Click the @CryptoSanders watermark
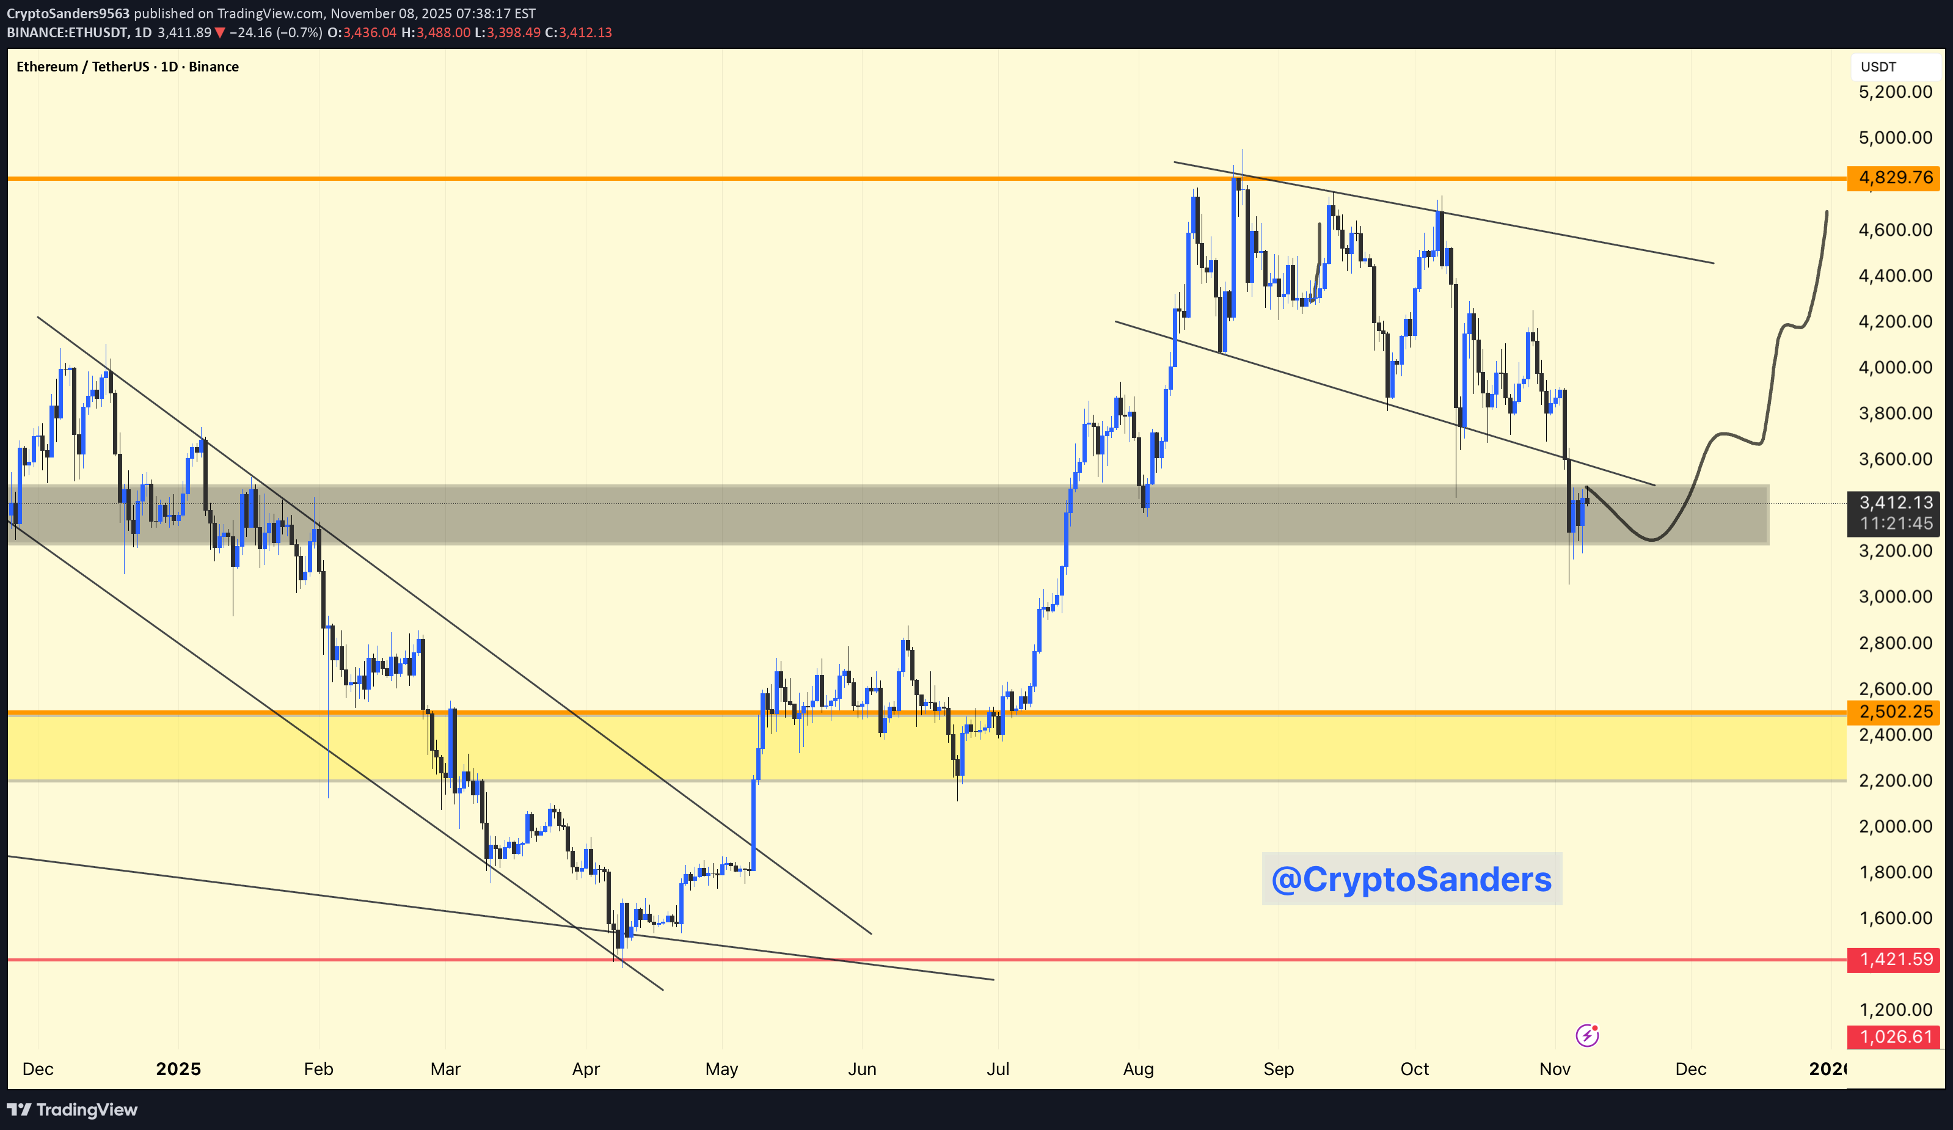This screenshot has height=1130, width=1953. click(1411, 879)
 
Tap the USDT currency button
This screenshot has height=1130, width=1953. click(1878, 67)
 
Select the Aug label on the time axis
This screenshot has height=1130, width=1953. click(1137, 1069)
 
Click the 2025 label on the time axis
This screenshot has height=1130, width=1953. click(178, 1069)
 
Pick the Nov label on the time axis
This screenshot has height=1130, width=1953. click(1555, 1069)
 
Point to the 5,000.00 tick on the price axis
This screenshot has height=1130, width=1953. click(1895, 137)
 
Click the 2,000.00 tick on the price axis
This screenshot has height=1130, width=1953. click(1895, 826)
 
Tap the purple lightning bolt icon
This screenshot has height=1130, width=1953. click(1586, 1035)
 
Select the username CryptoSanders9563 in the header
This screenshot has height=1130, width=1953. click(68, 13)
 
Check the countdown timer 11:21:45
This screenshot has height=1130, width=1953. click(1895, 523)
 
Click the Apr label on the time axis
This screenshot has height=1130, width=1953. click(586, 1069)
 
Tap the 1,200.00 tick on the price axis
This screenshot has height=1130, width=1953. click(1895, 1009)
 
